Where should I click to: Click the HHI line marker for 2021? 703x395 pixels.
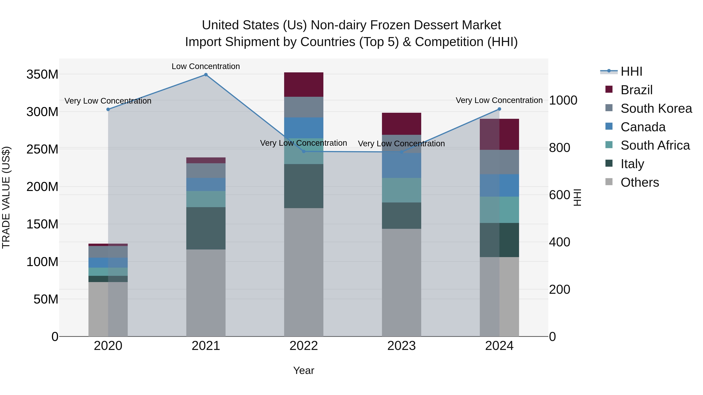pos(206,75)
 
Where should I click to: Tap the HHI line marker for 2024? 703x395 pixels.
pos(499,109)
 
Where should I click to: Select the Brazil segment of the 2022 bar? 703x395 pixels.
pos(303,84)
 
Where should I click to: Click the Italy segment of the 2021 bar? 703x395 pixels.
pos(206,228)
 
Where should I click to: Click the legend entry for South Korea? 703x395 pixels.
pos(656,108)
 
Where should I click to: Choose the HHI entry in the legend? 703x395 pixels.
pos(631,71)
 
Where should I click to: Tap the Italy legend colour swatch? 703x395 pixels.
pos(609,163)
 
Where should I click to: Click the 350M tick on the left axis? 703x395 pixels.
pos(42,75)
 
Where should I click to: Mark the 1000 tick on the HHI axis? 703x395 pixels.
pos(563,100)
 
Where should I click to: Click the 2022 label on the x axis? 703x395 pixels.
pos(303,346)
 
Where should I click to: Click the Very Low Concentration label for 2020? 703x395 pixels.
pos(108,101)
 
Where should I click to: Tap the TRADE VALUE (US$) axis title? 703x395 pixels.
pos(6,197)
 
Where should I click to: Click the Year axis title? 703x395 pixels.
pos(303,370)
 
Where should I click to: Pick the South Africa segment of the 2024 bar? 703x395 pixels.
pos(499,210)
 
